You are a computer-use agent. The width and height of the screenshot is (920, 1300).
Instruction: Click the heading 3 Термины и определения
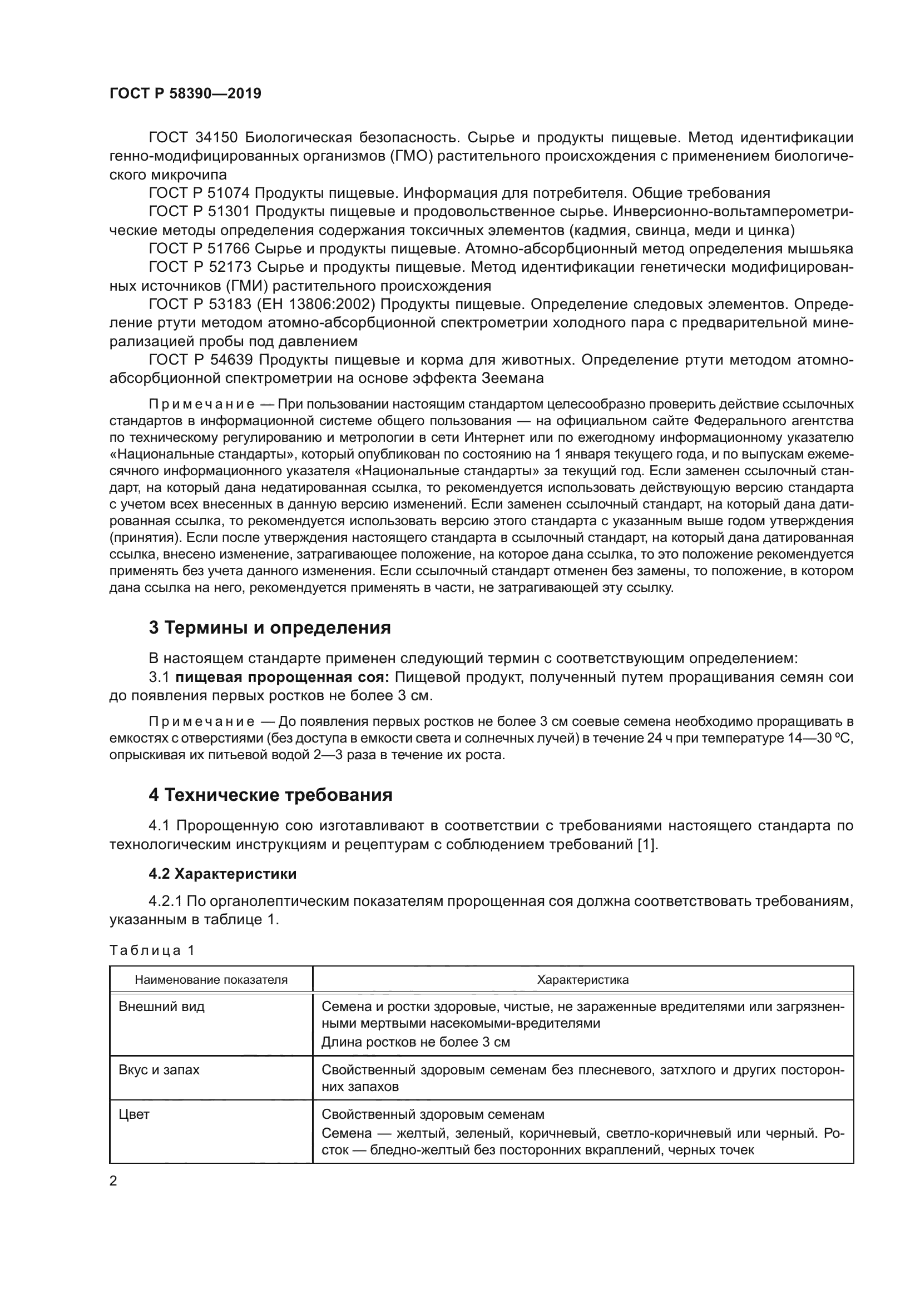tap(269, 628)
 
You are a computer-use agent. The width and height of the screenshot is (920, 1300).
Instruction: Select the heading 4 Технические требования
tap(270, 795)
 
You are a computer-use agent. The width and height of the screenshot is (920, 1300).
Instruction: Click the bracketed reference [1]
tap(647, 844)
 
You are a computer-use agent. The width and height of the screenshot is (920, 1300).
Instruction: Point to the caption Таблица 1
tap(152, 950)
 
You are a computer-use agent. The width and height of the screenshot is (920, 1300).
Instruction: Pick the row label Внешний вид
tap(161, 1007)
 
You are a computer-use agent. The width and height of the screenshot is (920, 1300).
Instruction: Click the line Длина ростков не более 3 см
tap(416, 1042)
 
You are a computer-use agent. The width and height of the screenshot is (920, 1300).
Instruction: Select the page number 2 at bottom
tap(113, 1181)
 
